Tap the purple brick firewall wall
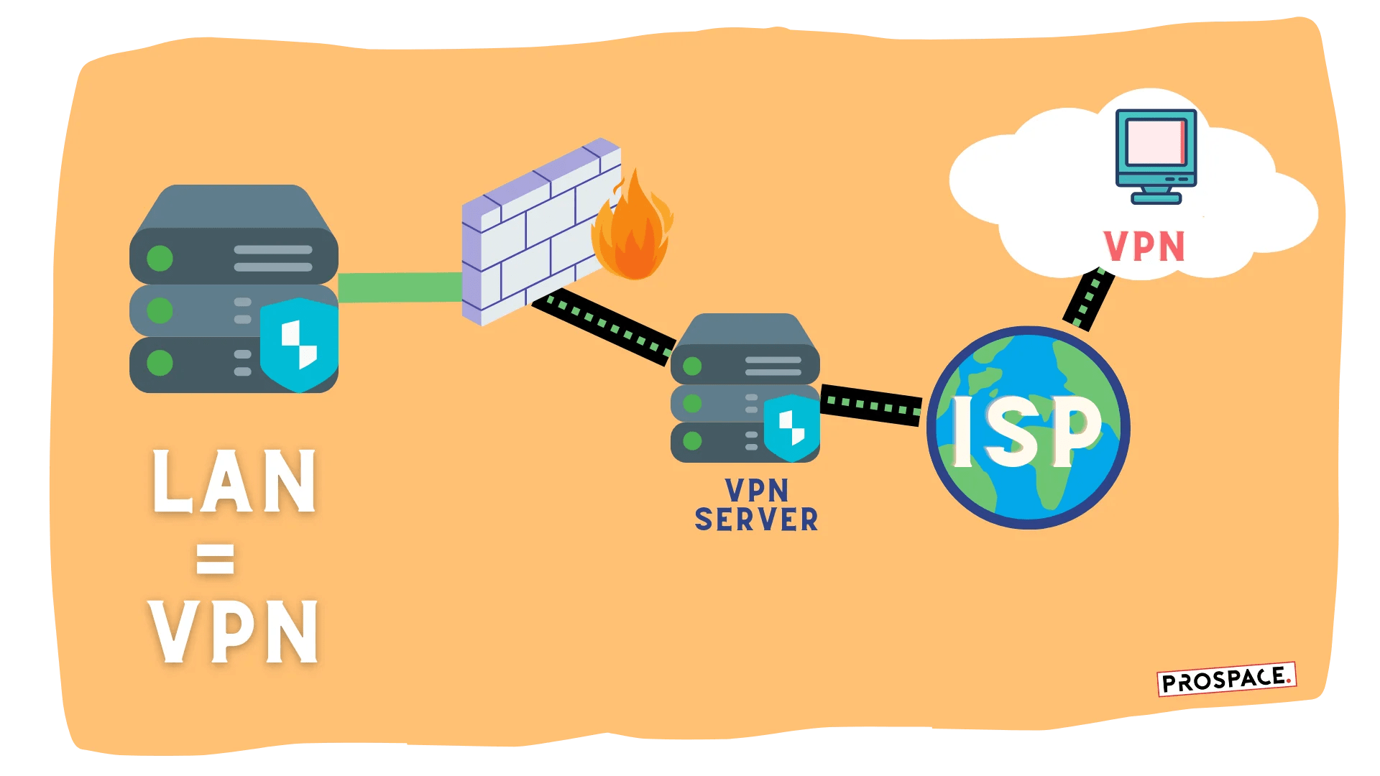(x=532, y=230)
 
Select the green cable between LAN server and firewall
(x=400, y=287)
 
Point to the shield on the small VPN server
(x=791, y=428)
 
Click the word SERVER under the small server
(x=756, y=519)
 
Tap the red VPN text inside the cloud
(x=1144, y=247)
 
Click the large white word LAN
(x=234, y=481)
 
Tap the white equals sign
(x=215, y=559)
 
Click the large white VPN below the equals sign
(x=234, y=632)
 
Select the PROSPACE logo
(x=1225, y=679)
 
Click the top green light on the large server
(x=160, y=258)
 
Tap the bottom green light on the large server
(x=160, y=363)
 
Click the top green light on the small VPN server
(x=692, y=366)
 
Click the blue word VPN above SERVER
(x=756, y=491)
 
